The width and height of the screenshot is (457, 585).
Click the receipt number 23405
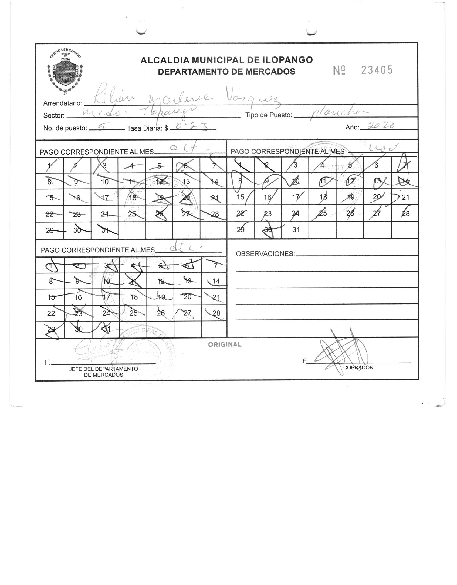(x=377, y=70)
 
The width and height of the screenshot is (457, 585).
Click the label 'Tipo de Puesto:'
(x=269, y=115)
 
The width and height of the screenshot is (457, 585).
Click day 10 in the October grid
(x=105, y=182)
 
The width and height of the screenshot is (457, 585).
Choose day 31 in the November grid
(x=296, y=230)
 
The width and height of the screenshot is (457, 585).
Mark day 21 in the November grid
(x=405, y=198)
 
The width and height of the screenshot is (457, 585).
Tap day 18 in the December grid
(x=134, y=297)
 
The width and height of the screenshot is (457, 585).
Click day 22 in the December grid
(x=51, y=313)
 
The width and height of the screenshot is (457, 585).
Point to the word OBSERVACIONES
(x=265, y=254)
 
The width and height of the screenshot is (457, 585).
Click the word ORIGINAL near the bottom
(x=225, y=345)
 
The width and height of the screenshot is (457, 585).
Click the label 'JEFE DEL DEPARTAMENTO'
(x=103, y=369)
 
